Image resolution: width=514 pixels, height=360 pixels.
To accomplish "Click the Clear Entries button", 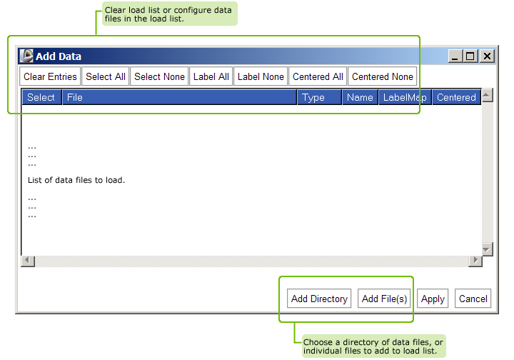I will point(50,76).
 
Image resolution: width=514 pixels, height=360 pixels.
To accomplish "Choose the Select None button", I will point(159,76).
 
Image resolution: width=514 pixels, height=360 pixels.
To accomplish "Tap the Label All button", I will point(211,76).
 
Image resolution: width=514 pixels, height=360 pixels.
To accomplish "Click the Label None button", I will point(261,76).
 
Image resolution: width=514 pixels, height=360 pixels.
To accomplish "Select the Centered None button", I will point(382,76).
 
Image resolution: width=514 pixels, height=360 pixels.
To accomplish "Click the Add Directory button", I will point(319,299).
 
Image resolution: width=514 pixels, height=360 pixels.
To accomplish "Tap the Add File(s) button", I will point(384,299).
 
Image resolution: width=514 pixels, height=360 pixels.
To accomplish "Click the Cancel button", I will point(473,299).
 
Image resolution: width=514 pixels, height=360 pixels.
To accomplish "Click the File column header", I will point(179,97).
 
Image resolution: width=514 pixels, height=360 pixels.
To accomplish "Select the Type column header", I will point(319,97).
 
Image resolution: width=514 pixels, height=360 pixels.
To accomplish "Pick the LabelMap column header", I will point(405,97).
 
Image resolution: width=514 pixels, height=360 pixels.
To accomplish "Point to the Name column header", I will point(360,97).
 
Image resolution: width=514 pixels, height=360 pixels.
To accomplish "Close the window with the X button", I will point(487,56).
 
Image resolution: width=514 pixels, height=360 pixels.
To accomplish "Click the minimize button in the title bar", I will point(455,56).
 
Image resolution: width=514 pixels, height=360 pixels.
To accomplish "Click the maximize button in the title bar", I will point(470,56).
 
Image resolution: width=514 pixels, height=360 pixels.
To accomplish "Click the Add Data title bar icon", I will point(26,56).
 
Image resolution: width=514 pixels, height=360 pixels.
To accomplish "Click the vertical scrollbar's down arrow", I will point(488,249).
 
